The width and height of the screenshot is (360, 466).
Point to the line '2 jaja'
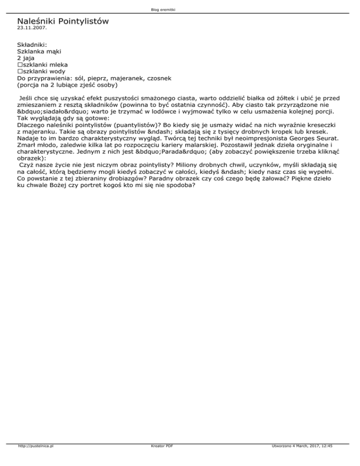pos(27,58)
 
